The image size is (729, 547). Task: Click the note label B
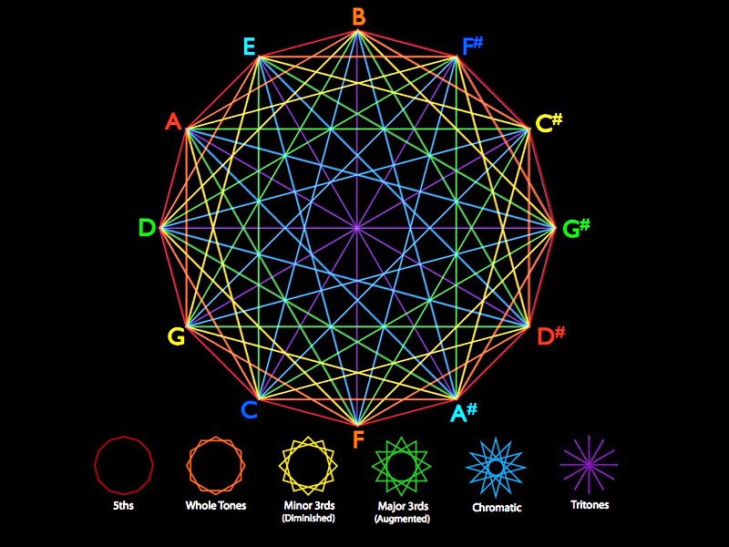coord(358,16)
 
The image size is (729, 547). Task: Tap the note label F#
coord(471,46)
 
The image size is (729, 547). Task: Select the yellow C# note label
coord(549,123)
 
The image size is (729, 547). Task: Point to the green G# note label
coord(576,228)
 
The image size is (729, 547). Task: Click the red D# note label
coord(550,335)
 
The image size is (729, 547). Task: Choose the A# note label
coord(464,413)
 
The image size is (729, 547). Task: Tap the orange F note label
coord(358,439)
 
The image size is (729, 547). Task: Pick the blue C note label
coord(249,410)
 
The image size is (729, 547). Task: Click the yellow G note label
coord(176,336)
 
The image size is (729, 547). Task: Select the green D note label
coord(147,228)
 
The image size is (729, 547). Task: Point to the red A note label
coord(173,121)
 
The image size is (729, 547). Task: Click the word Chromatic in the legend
coord(497,507)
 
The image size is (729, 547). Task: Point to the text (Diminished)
coord(308,518)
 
